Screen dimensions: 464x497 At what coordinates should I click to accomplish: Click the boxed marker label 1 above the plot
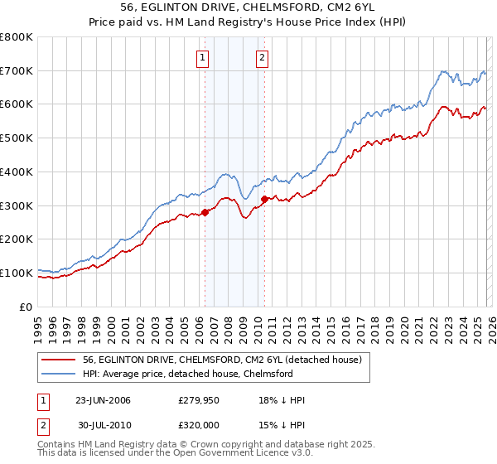[x=204, y=58]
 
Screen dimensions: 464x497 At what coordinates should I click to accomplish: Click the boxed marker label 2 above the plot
[x=262, y=58]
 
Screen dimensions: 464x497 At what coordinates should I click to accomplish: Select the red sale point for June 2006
[x=205, y=213]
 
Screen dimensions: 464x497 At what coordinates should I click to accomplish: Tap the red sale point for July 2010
[x=264, y=199]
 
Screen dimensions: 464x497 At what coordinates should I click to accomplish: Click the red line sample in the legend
[x=58, y=360]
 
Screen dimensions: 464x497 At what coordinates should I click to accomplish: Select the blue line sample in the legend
[x=58, y=374]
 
